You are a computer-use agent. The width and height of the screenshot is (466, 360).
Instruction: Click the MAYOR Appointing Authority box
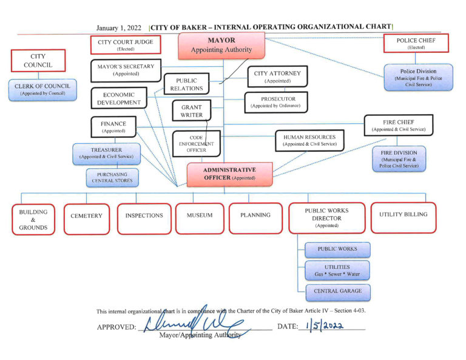coord(221,46)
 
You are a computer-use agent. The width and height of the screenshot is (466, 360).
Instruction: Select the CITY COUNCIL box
coord(38,61)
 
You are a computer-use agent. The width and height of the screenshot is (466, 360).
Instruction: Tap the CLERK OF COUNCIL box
coord(42,90)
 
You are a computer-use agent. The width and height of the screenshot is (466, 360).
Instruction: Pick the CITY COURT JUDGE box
coord(126,45)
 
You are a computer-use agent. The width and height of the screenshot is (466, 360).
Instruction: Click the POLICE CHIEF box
coord(416,43)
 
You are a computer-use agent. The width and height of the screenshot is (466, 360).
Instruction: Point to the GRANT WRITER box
coord(192,110)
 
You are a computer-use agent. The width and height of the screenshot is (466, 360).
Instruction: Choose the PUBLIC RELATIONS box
coord(187,84)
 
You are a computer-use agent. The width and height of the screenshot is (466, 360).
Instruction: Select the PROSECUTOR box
coord(276,102)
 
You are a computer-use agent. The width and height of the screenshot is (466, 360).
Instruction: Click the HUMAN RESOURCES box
coord(309,140)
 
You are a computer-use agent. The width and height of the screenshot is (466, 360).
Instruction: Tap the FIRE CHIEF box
coord(399,126)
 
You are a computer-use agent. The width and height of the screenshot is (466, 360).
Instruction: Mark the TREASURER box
coord(106,154)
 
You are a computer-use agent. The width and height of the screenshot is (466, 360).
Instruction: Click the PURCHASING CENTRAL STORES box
coord(112,177)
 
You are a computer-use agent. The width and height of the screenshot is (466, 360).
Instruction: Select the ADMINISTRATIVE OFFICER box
coord(230,174)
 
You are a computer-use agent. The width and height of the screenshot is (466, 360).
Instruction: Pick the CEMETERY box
coord(87,219)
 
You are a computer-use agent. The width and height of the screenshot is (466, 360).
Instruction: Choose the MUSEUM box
coord(200,219)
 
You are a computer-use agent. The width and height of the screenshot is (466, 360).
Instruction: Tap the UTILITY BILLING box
coord(404,217)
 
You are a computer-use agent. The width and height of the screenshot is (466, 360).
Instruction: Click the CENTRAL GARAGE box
coord(337,293)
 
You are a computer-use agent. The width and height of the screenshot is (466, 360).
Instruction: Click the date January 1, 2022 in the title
coord(118,28)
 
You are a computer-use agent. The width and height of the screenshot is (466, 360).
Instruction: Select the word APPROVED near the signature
coord(116,327)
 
